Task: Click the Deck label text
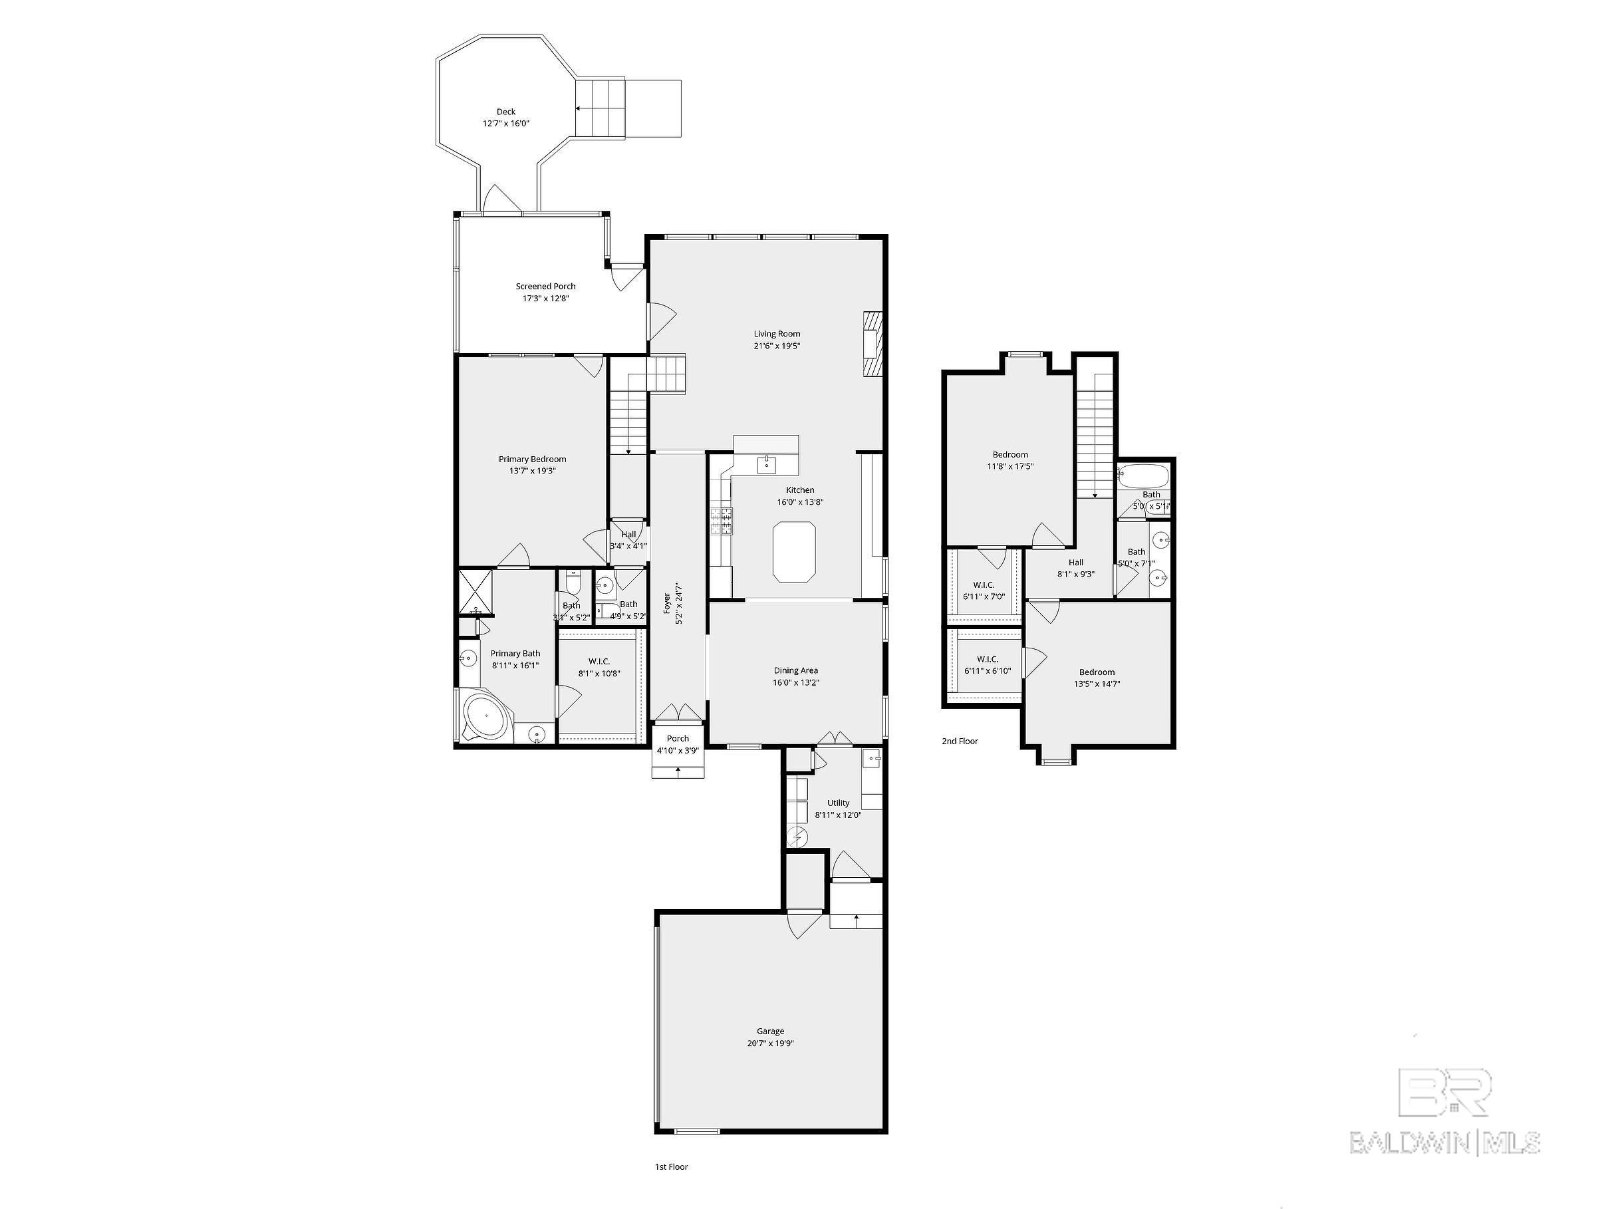point(506,112)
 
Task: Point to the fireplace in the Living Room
point(873,344)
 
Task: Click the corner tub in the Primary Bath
point(485,716)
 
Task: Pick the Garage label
point(769,1031)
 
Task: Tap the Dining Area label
point(795,670)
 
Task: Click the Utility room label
point(838,803)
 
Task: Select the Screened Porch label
point(545,287)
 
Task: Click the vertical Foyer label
point(667,603)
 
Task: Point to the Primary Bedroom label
point(532,459)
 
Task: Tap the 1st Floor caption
point(671,1166)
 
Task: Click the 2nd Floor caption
point(959,741)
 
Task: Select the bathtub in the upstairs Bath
point(1143,477)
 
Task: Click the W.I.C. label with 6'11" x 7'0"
point(983,585)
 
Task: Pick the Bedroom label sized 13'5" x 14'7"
point(1096,672)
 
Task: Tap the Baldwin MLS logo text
point(1444,1142)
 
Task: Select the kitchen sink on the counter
point(767,464)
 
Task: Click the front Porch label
point(677,739)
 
